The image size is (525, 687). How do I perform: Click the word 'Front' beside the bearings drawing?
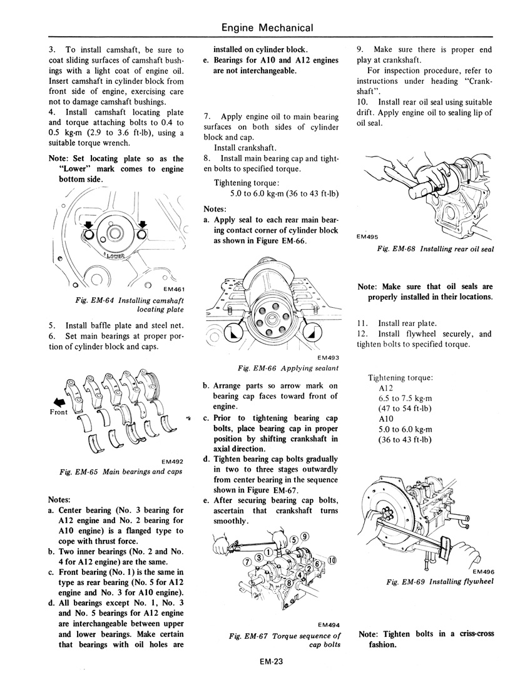coord(58,412)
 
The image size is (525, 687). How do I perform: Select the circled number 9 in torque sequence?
coord(305,536)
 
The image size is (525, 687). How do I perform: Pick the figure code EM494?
coord(329,624)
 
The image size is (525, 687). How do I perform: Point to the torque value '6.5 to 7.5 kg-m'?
coord(404,398)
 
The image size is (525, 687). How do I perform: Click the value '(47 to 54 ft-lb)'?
coord(404,409)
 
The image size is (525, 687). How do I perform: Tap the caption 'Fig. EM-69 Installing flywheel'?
coord(441,581)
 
